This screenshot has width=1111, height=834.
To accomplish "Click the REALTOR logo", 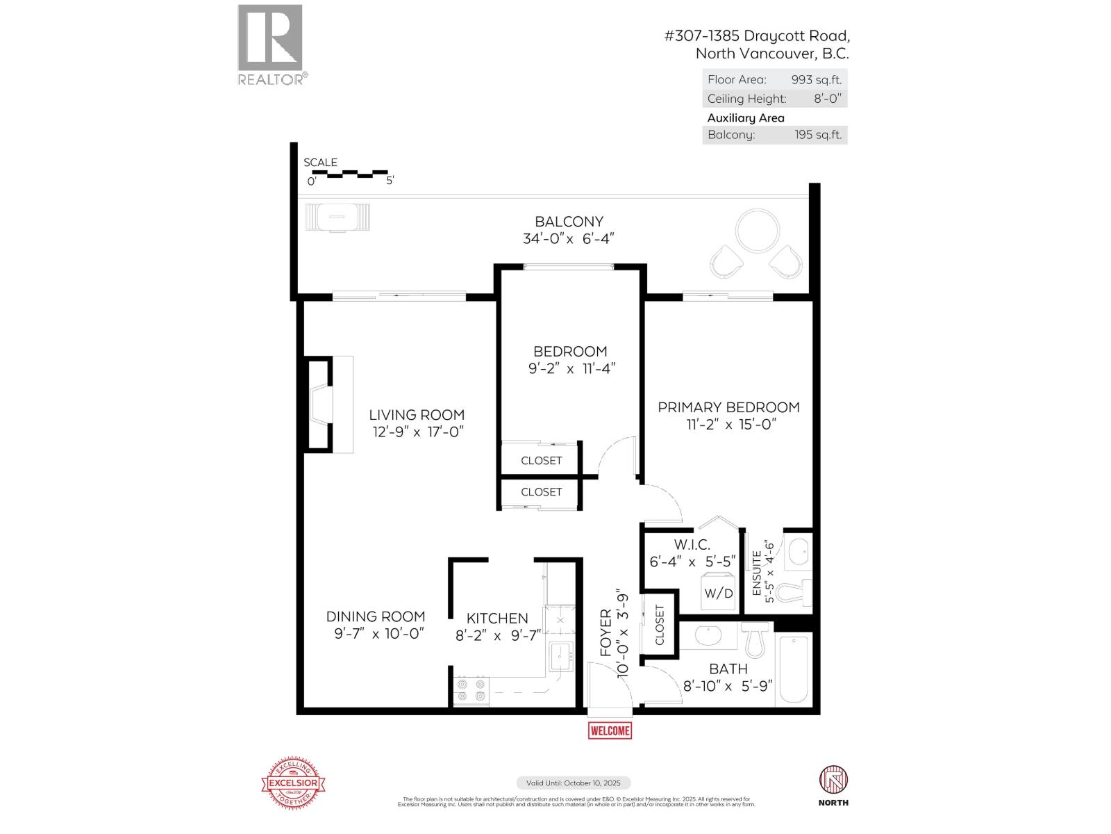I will (x=271, y=44).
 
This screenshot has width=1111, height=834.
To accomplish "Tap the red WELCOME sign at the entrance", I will (x=610, y=730).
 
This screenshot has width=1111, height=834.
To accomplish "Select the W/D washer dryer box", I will (x=719, y=593).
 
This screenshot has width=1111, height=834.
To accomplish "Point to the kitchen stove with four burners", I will (x=471, y=691).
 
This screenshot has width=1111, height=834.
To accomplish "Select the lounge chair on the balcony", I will (x=337, y=217).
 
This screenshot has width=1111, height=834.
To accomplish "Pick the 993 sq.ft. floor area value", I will (x=816, y=80).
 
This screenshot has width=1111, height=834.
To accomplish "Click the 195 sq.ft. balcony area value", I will (x=818, y=135).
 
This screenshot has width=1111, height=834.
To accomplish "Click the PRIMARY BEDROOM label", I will (x=728, y=407).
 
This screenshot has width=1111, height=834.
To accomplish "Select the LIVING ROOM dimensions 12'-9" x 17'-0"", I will (x=417, y=432).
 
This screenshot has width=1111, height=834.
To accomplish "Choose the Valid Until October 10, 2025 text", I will (x=573, y=783).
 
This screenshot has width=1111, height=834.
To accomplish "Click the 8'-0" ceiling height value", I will (x=827, y=99).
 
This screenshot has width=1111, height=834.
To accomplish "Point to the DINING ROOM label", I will (x=376, y=616).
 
